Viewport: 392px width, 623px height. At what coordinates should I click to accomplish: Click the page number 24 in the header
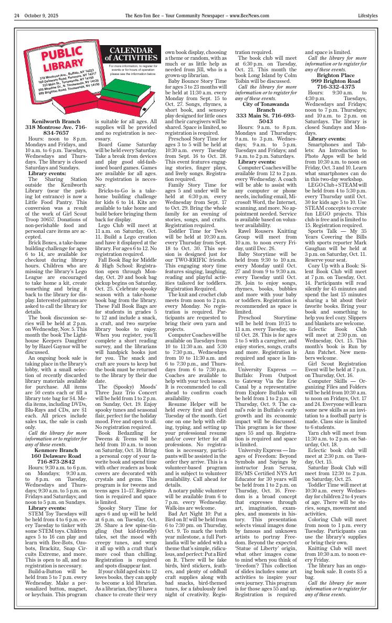point(17,16)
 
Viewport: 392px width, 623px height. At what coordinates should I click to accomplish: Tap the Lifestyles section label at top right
point(367,16)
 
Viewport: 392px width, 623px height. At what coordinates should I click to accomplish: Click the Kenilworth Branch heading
point(56,121)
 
